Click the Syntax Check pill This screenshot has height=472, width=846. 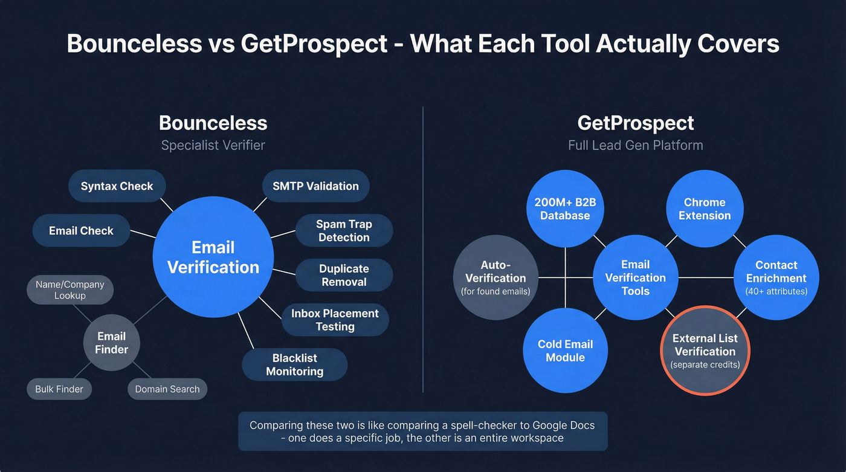coord(117,186)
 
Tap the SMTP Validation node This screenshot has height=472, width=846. coord(315,186)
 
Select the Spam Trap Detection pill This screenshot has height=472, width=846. coord(344,231)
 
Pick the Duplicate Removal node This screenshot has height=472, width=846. coord(344,276)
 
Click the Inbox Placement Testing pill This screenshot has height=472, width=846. coord(335,320)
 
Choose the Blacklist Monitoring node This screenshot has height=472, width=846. coord(294,365)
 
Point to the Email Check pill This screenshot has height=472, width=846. coord(81,230)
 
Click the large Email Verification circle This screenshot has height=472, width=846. coord(213,257)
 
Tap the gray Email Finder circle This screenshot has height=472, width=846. coord(111,343)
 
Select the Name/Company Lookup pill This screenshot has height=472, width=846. coord(69,290)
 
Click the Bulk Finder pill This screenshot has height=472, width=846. coord(59,389)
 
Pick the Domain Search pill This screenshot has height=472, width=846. coord(167,389)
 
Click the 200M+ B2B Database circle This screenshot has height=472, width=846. coord(565,209)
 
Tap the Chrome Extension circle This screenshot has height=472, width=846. coord(705,209)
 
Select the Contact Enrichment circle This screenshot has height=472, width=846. coord(776,277)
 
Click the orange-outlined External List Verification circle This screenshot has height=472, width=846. coord(705,351)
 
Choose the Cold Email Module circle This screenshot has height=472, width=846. coord(565,351)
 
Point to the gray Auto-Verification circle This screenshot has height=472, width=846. coord(495,277)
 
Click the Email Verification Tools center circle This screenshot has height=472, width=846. coord(635,277)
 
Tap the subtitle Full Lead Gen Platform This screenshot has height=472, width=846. coord(635,145)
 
